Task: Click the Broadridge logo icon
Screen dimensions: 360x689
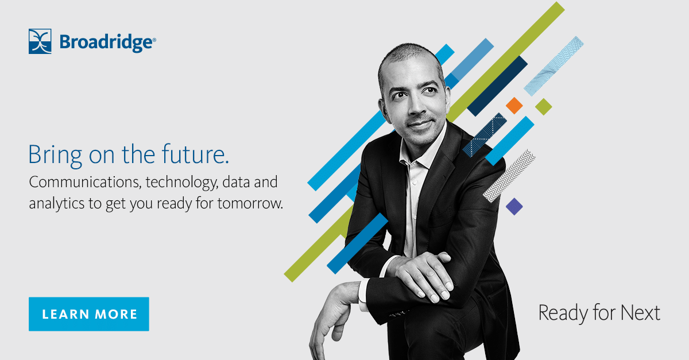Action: pos(40,41)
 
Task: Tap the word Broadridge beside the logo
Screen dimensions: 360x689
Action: pos(107,42)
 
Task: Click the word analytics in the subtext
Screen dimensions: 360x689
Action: pos(53,204)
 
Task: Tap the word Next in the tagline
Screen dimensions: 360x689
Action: pos(641,313)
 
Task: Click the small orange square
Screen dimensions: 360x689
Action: pos(514,105)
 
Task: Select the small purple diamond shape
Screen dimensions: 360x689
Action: pos(514,206)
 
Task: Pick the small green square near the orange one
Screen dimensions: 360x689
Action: pos(543,106)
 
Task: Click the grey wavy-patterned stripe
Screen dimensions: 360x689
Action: pos(509,175)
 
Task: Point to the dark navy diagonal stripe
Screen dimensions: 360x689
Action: pos(497,85)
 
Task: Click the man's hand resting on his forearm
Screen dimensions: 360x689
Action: pos(422,274)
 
